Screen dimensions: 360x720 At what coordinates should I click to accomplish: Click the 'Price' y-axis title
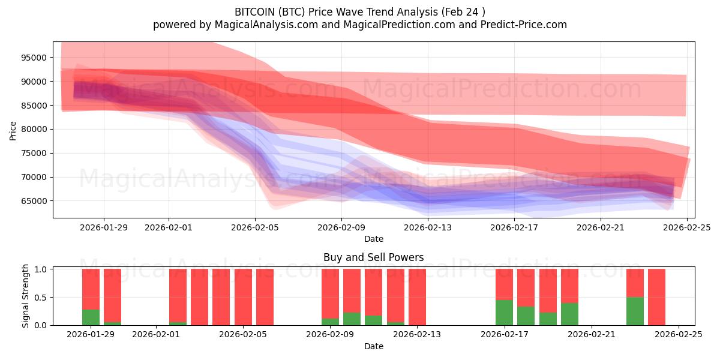tap(13, 130)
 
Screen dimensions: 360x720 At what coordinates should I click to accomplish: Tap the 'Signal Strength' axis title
tap(26, 296)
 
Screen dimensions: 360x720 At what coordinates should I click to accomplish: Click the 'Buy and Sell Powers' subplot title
tap(373, 257)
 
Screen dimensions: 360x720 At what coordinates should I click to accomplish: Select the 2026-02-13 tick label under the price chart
tap(428, 227)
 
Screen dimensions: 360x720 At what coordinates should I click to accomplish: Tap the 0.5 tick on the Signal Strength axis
tap(41, 298)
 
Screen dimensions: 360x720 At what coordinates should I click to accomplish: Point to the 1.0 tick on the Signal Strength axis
tap(41, 269)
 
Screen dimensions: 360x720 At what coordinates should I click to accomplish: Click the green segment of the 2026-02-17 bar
tap(504, 313)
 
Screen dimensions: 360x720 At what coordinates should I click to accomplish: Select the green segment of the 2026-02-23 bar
tap(635, 311)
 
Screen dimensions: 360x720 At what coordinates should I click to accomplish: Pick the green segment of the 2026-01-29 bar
tap(91, 317)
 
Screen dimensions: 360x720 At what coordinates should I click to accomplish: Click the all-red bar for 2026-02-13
tap(417, 297)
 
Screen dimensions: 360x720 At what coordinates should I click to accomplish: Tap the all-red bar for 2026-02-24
tap(656, 297)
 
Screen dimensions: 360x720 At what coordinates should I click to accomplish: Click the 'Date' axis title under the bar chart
tap(373, 346)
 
